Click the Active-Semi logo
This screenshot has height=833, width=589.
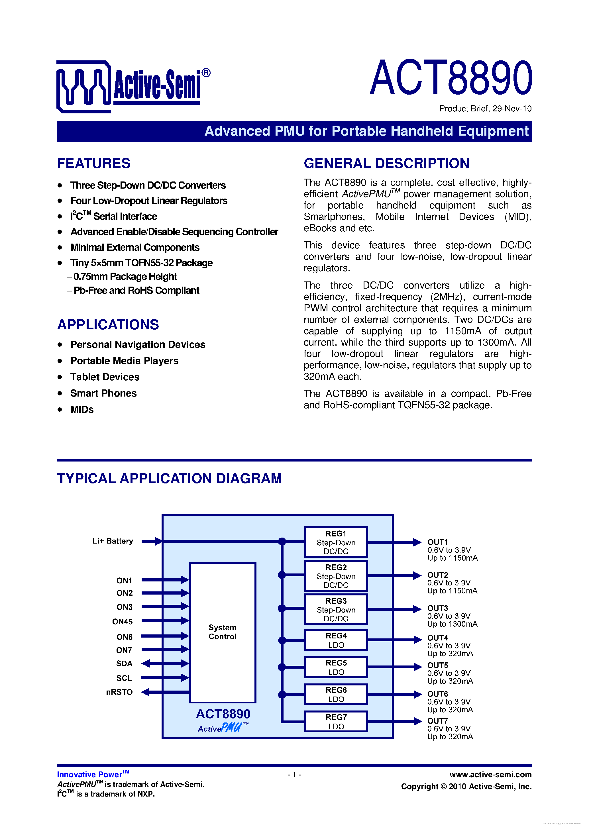[x=133, y=87]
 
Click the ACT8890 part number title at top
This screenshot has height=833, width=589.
[x=451, y=78]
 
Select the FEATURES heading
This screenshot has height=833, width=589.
[x=94, y=164]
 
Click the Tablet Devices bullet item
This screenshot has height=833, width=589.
[x=105, y=377]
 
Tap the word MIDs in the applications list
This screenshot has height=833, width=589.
[x=82, y=410]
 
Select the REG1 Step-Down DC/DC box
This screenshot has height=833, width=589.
[x=336, y=542]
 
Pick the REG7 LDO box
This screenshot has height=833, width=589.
[x=336, y=722]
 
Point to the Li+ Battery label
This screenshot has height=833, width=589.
[x=113, y=541]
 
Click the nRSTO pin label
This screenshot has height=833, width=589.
[x=119, y=692]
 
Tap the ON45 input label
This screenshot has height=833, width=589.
[x=122, y=622]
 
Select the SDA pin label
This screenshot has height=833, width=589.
[x=124, y=663]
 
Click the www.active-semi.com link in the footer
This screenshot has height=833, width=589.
[x=490, y=775]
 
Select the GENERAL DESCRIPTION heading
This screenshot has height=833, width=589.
[x=386, y=164]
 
